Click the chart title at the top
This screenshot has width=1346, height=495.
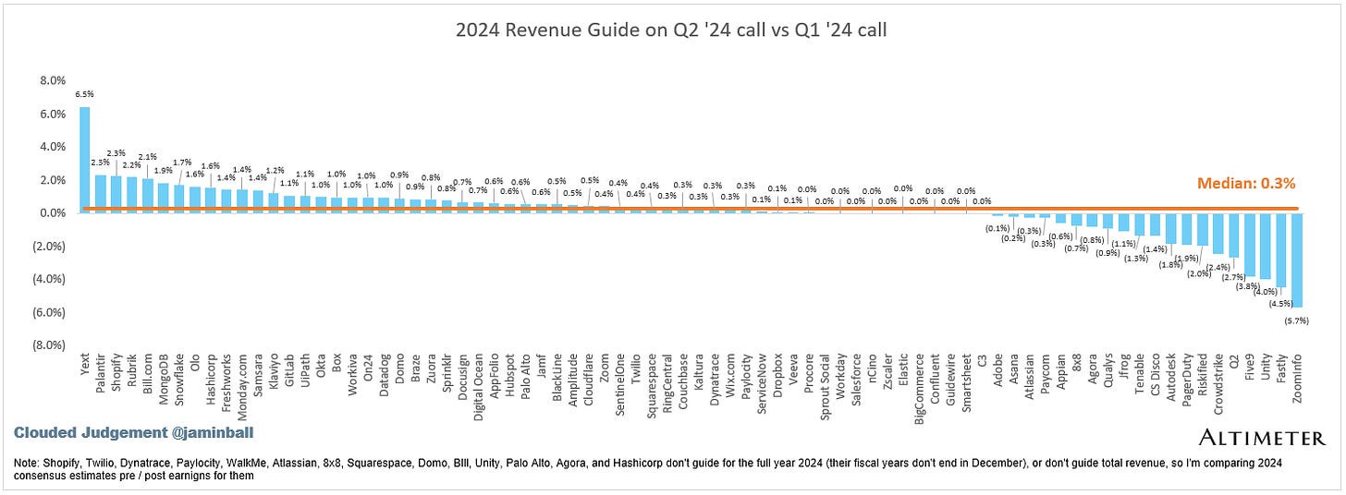(x=672, y=30)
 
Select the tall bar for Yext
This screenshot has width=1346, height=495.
(x=84, y=160)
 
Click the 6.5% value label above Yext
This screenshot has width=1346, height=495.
(x=84, y=94)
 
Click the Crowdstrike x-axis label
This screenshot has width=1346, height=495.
(x=1218, y=387)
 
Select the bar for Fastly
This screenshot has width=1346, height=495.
(x=1281, y=249)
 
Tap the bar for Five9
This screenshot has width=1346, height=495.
(x=1250, y=244)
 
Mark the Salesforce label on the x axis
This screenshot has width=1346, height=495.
(x=856, y=385)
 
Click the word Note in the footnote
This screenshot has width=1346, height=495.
(x=29, y=461)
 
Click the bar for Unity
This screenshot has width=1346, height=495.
(x=1266, y=246)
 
